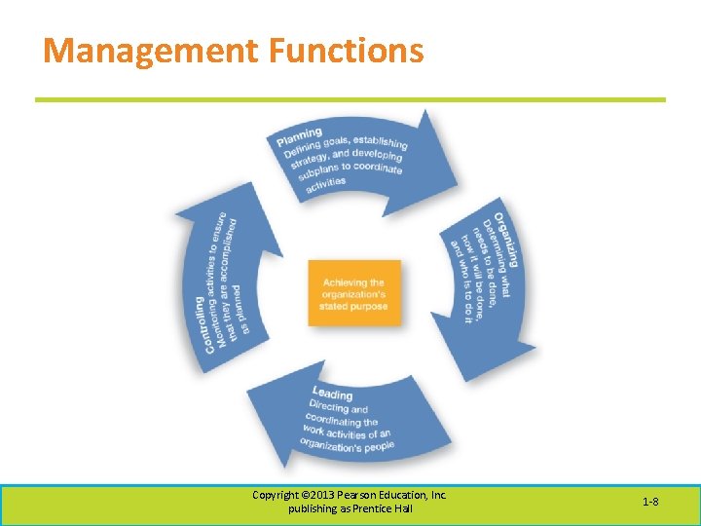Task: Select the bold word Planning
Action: click(x=299, y=135)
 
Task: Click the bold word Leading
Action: click(x=333, y=394)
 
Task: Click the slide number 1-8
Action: click(x=650, y=502)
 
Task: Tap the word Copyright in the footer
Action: click(x=275, y=495)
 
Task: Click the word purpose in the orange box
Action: click(x=366, y=306)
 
